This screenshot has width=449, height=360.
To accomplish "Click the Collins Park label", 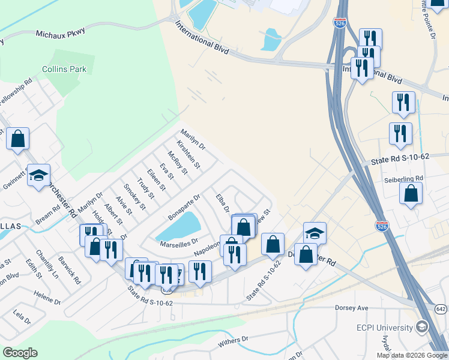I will tap(64, 69).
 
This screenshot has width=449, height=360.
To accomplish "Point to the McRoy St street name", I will tap(178, 162).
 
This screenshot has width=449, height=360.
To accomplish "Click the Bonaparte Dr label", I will tap(184, 206).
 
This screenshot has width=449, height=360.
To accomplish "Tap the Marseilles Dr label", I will tap(178, 243).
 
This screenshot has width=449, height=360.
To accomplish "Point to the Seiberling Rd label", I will tap(403, 178).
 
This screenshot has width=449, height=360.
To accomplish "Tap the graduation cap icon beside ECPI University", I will tap(422, 327).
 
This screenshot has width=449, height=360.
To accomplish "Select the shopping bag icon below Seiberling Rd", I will tap(411, 193).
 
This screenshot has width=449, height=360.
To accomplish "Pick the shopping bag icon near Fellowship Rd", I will tap(18, 139).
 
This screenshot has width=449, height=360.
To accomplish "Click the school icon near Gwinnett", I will tap(38, 175).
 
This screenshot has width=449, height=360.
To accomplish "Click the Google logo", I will tap(20, 353).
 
